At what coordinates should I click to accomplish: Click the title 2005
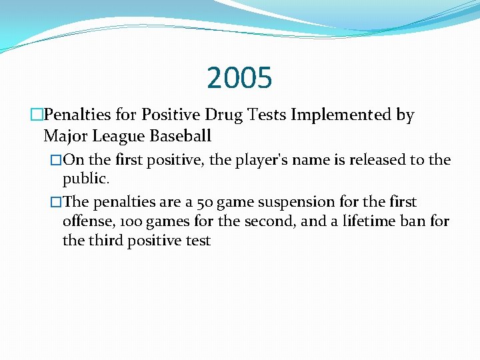(239, 78)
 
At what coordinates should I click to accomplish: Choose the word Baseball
(181, 137)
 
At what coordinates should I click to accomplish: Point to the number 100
(127, 221)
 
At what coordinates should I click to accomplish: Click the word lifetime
(367, 221)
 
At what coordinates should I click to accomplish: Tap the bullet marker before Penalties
(36, 115)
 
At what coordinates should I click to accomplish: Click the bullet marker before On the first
(56, 160)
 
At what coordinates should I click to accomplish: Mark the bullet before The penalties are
(56, 201)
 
